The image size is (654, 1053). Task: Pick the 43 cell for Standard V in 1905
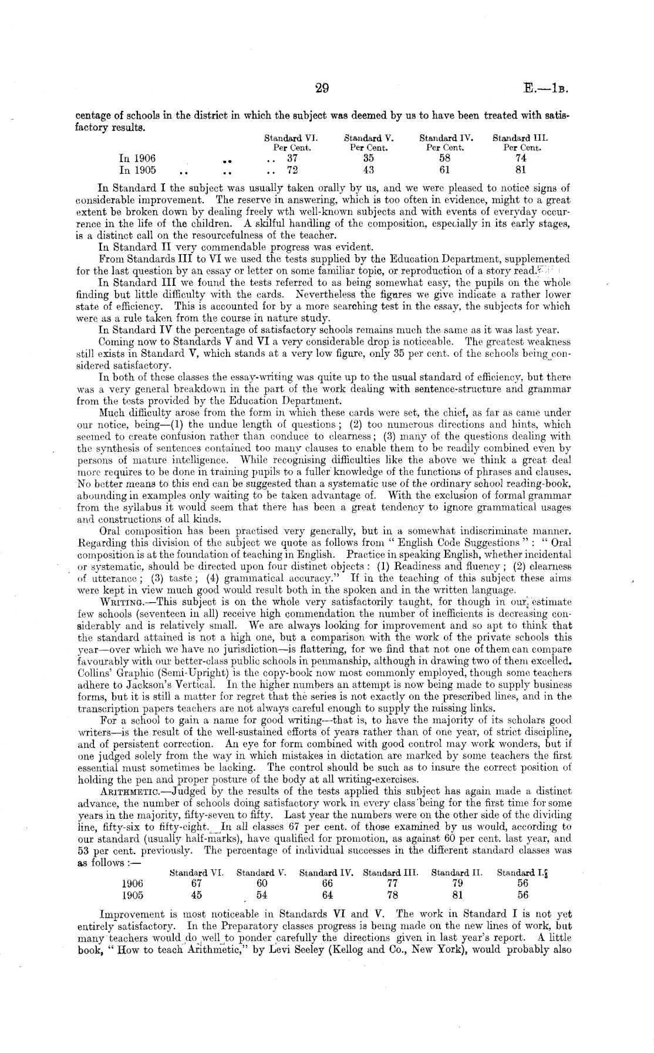368,170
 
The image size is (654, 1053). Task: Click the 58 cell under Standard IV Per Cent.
444,158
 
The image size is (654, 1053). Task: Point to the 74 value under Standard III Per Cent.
520,158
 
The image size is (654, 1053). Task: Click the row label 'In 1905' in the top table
137,170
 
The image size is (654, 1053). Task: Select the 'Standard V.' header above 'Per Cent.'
368,139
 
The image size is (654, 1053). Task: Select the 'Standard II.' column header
456,872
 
